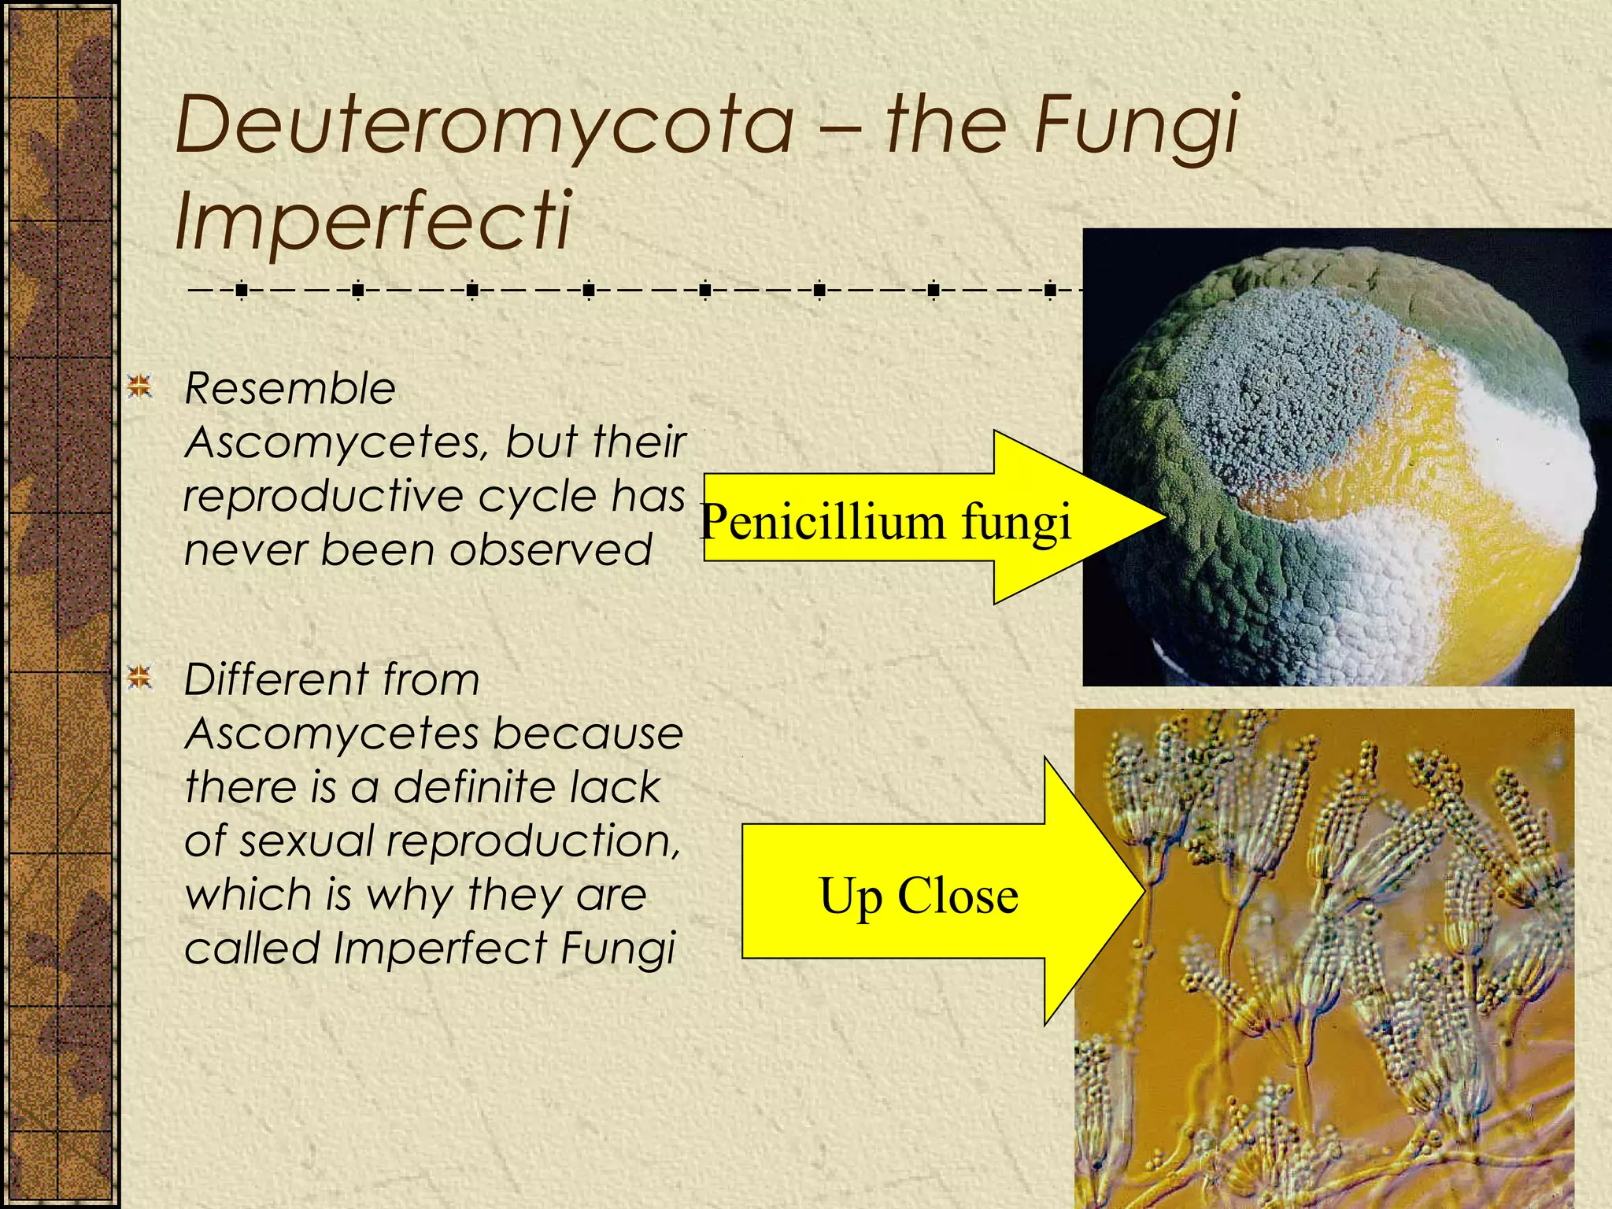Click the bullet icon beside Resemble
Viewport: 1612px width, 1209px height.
point(140,386)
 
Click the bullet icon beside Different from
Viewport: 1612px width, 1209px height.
point(140,677)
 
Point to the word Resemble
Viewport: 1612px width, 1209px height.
point(290,389)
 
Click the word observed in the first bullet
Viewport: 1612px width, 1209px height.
point(550,549)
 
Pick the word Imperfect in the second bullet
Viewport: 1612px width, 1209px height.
point(440,948)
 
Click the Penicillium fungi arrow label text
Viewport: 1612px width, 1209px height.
point(885,522)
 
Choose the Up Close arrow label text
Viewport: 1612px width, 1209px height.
point(919,896)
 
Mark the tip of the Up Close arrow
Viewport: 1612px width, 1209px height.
point(1143,891)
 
